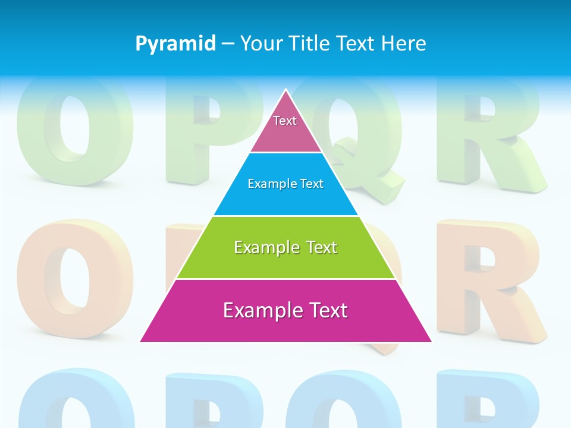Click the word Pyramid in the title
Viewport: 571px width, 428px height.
175,43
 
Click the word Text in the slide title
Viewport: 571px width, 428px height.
356,43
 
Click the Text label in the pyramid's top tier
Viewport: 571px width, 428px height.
285,121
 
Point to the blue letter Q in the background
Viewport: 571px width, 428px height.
339,401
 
